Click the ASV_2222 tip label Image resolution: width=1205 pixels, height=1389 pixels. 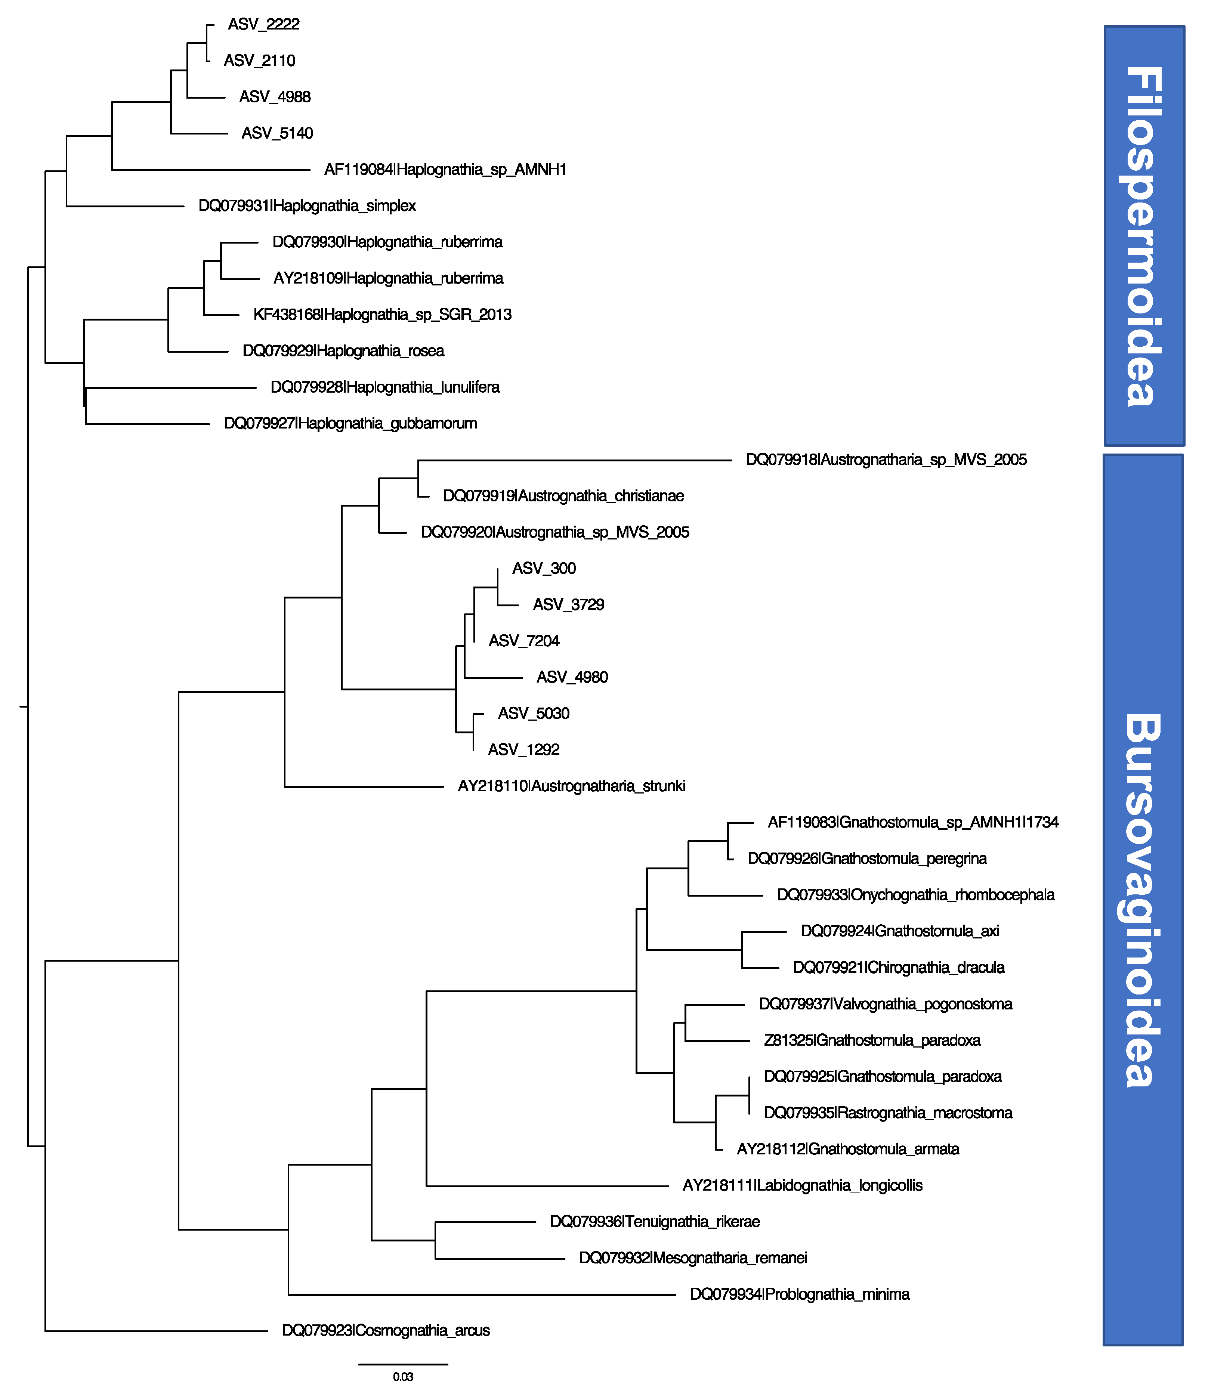pos(263,24)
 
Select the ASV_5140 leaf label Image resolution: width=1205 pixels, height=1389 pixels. pos(277,133)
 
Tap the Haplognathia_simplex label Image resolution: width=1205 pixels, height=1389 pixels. pos(307,206)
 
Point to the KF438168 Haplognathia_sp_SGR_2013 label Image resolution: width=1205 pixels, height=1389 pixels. pos(382,315)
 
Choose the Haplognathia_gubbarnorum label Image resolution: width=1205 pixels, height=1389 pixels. pos(350,424)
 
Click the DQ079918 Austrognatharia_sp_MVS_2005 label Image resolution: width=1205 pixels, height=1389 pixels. pos(886,460)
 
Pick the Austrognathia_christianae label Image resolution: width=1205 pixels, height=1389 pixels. pos(563,496)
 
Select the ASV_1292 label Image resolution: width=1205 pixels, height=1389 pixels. pos(523,750)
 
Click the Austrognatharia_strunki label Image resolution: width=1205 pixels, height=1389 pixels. pos(572,786)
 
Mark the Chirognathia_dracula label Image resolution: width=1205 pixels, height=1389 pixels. pos(898,968)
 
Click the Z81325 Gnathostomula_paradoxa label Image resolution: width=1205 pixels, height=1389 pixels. pos(872,1040)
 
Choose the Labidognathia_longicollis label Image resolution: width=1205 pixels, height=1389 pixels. pos(802,1185)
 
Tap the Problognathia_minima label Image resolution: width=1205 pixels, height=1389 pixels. pos(800,1294)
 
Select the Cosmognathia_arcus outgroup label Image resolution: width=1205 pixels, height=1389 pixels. pos(386,1330)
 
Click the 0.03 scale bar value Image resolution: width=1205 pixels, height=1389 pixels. pos(403,1376)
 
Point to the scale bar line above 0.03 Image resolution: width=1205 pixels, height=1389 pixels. pos(403,1364)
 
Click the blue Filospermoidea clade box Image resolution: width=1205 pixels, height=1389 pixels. pos(1144,235)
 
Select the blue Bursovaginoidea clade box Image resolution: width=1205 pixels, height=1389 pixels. pos(1143,900)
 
